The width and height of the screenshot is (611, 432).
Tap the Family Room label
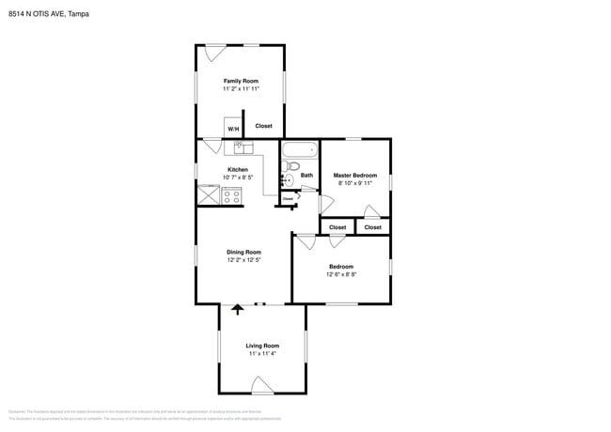(241, 81)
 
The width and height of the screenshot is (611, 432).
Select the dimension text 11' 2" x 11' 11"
(241, 90)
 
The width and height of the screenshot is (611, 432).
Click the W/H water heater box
(232, 128)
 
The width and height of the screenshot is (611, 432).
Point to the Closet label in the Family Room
(264, 126)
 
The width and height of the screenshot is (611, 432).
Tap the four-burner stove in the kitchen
(231, 195)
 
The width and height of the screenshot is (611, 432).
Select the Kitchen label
(237, 169)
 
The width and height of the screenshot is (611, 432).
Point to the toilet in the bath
(290, 178)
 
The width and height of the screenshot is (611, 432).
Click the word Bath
(306, 175)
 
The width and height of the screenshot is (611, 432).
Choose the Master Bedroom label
(355, 175)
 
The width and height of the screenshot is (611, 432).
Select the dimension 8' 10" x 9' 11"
(355, 184)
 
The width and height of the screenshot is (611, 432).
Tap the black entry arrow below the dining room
(238, 308)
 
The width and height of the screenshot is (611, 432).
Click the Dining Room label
(243, 252)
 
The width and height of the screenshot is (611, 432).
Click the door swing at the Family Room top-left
(215, 51)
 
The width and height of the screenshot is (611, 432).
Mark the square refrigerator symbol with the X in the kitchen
(208, 194)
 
